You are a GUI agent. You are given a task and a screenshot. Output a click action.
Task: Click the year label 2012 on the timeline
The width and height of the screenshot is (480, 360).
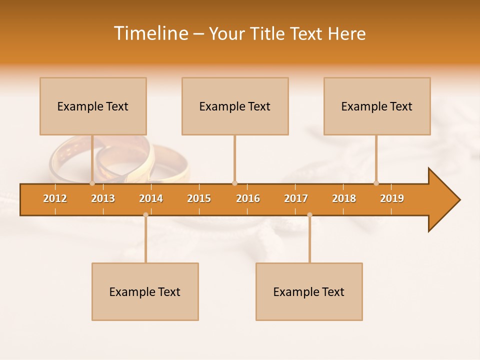(55, 198)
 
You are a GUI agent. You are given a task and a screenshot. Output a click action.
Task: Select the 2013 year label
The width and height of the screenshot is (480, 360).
(103, 198)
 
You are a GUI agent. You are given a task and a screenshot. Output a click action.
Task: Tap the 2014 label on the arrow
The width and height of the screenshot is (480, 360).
(151, 198)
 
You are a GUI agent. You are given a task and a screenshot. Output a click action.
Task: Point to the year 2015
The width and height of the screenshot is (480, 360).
(199, 198)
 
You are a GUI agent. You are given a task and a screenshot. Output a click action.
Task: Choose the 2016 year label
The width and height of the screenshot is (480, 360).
(248, 198)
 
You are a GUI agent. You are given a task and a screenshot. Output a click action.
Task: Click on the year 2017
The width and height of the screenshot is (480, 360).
(296, 198)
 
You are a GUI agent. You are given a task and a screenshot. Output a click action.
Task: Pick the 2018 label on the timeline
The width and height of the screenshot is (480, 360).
(344, 198)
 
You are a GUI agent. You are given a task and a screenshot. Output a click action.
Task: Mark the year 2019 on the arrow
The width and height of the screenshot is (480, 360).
(392, 198)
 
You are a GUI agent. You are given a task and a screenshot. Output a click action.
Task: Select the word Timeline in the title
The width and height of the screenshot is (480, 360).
(150, 33)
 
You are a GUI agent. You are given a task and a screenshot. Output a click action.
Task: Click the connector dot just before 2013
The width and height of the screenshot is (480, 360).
(92, 183)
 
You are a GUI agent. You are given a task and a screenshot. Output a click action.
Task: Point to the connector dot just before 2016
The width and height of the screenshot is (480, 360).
(235, 183)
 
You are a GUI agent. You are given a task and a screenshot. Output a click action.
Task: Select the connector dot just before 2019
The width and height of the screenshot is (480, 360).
(376, 183)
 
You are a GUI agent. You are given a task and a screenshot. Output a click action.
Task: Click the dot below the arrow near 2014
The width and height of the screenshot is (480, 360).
(145, 215)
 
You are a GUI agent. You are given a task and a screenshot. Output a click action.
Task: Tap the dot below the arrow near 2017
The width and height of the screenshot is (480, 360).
(309, 215)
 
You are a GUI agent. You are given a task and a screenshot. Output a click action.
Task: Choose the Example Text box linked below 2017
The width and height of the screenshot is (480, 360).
(309, 291)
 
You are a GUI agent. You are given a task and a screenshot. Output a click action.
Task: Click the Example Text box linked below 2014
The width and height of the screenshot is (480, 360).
(145, 291)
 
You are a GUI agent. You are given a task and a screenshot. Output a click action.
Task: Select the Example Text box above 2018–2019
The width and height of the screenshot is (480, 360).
(377, 106)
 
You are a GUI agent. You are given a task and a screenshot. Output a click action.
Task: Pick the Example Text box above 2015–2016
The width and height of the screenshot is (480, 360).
(235, 106)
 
